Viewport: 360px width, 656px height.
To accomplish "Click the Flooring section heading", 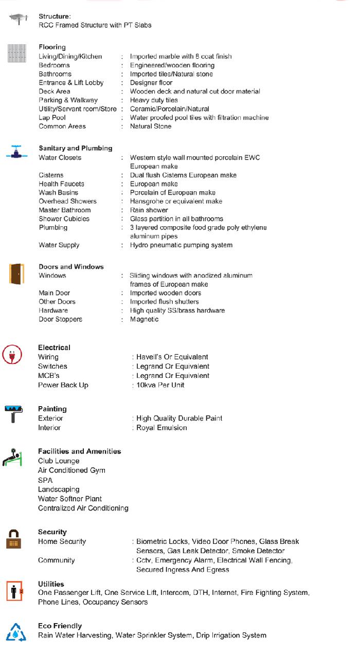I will [52, 47].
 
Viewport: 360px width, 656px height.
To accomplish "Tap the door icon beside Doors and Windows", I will [16, 274].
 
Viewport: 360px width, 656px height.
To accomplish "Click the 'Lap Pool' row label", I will [52, 118].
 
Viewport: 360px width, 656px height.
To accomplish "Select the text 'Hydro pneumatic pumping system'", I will [181, 245].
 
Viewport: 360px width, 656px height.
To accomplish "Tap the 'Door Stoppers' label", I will [60, 319].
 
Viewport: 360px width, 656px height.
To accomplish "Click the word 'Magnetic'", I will [144, 319].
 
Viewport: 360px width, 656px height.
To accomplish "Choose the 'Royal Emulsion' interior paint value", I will [161, 428].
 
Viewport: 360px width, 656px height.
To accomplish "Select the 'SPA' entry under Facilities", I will [45, 480].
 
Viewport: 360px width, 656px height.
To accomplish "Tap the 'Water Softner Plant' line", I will [70, 499].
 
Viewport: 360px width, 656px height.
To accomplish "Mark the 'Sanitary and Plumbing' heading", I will [75, 149].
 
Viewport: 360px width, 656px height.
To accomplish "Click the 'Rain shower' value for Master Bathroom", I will [149, 210].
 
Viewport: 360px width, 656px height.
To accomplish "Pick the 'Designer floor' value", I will [151, 83].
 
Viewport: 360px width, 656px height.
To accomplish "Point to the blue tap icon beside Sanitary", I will [16, 153].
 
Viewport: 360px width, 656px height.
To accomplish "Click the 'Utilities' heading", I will [51, 584].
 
